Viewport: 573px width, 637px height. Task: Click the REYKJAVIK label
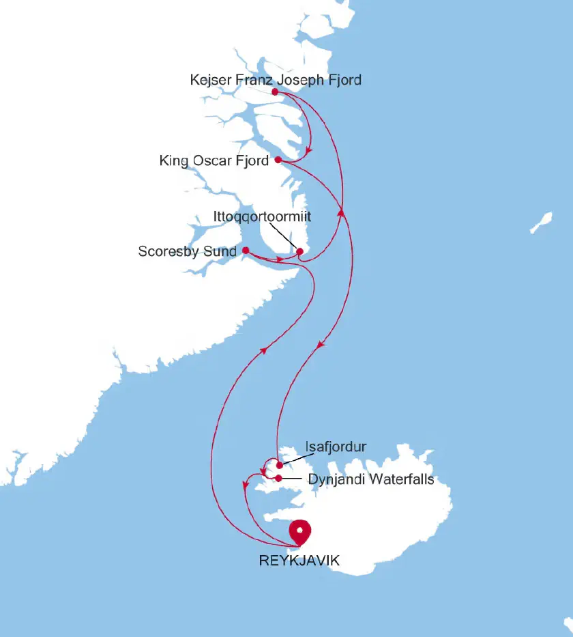[x=299, y=561]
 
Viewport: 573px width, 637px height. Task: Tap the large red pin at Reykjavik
[x=299, y=530]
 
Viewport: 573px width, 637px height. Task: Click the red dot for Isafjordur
[x=280, y=465]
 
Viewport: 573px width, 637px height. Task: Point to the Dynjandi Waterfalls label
[x=371, y=479]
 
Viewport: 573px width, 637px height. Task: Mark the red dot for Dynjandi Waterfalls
[x=279, y=478]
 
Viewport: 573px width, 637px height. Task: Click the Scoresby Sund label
[x=187, y=251]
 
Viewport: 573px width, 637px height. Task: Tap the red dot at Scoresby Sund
[x=246, y=251]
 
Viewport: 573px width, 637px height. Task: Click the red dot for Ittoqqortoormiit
[x=299, y=252]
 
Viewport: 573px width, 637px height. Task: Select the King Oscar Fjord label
[x=214, y=161]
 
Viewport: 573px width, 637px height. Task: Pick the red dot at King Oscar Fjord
[x=278, y=160]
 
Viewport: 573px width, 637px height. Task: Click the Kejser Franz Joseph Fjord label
[x=276, y=80]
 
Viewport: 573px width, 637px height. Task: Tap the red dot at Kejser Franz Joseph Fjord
[x=274, y=91]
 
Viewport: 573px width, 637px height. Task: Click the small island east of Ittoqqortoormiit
[x=542, y=221]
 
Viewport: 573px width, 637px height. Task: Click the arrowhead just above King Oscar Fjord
[x=309, y=151]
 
